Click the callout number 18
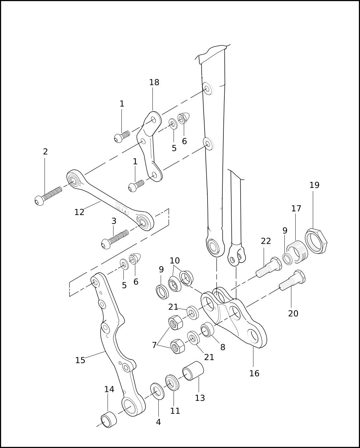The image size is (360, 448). pyautogui.click(x=154, y=83)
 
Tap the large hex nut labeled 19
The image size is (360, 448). pyautogui.click(x=316, y=241)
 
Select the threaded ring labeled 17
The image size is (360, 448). pyautogui.click(x=297, y=252)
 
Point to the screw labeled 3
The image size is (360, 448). pyautogui.click(x=115, y=239)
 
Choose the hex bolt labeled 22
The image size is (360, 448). pyautogui.click(x=269, y=267)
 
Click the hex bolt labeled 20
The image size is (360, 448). pyautogui.click(x=292, y=280)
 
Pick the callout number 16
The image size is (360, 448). pyautogui.click(x=254, y=373)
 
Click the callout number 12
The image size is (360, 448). pyautogui.click(x=79, y=212)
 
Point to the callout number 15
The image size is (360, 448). pyautogui.click(x=80, y=360)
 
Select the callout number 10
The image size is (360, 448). pyautogui.click(x=175, y=260)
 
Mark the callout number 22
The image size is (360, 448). pyautogui.click(x=266, y=241)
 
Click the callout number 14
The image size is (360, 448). pyautogui.click(x=109, y=389)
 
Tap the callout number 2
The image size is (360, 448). pyautogui.click(x=45, y=152)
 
